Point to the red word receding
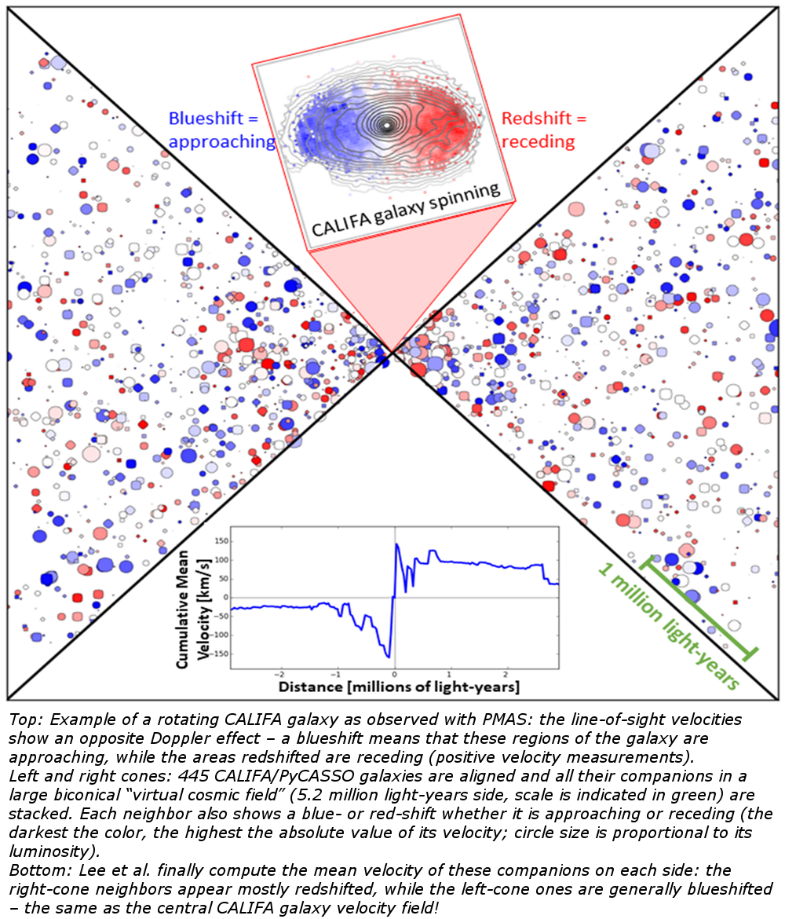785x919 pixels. click(539, 141)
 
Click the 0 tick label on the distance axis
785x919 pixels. click(394, 674)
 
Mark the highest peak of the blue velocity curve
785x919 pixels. click(397, 544)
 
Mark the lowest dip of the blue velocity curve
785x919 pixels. click(389, 657)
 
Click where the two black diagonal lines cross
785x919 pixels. click(390, 353)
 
